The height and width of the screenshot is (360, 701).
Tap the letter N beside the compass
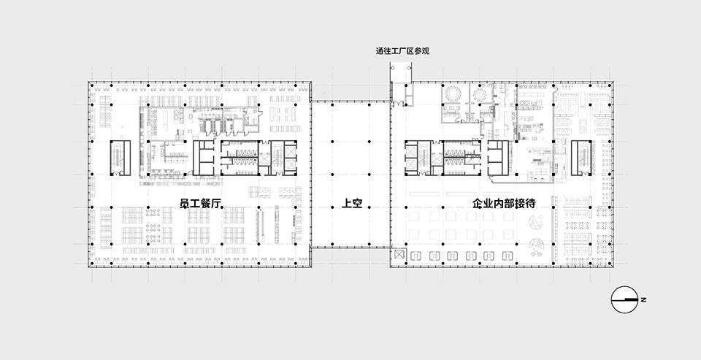click(645, 299)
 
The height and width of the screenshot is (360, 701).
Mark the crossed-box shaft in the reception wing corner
click(399, 254)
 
